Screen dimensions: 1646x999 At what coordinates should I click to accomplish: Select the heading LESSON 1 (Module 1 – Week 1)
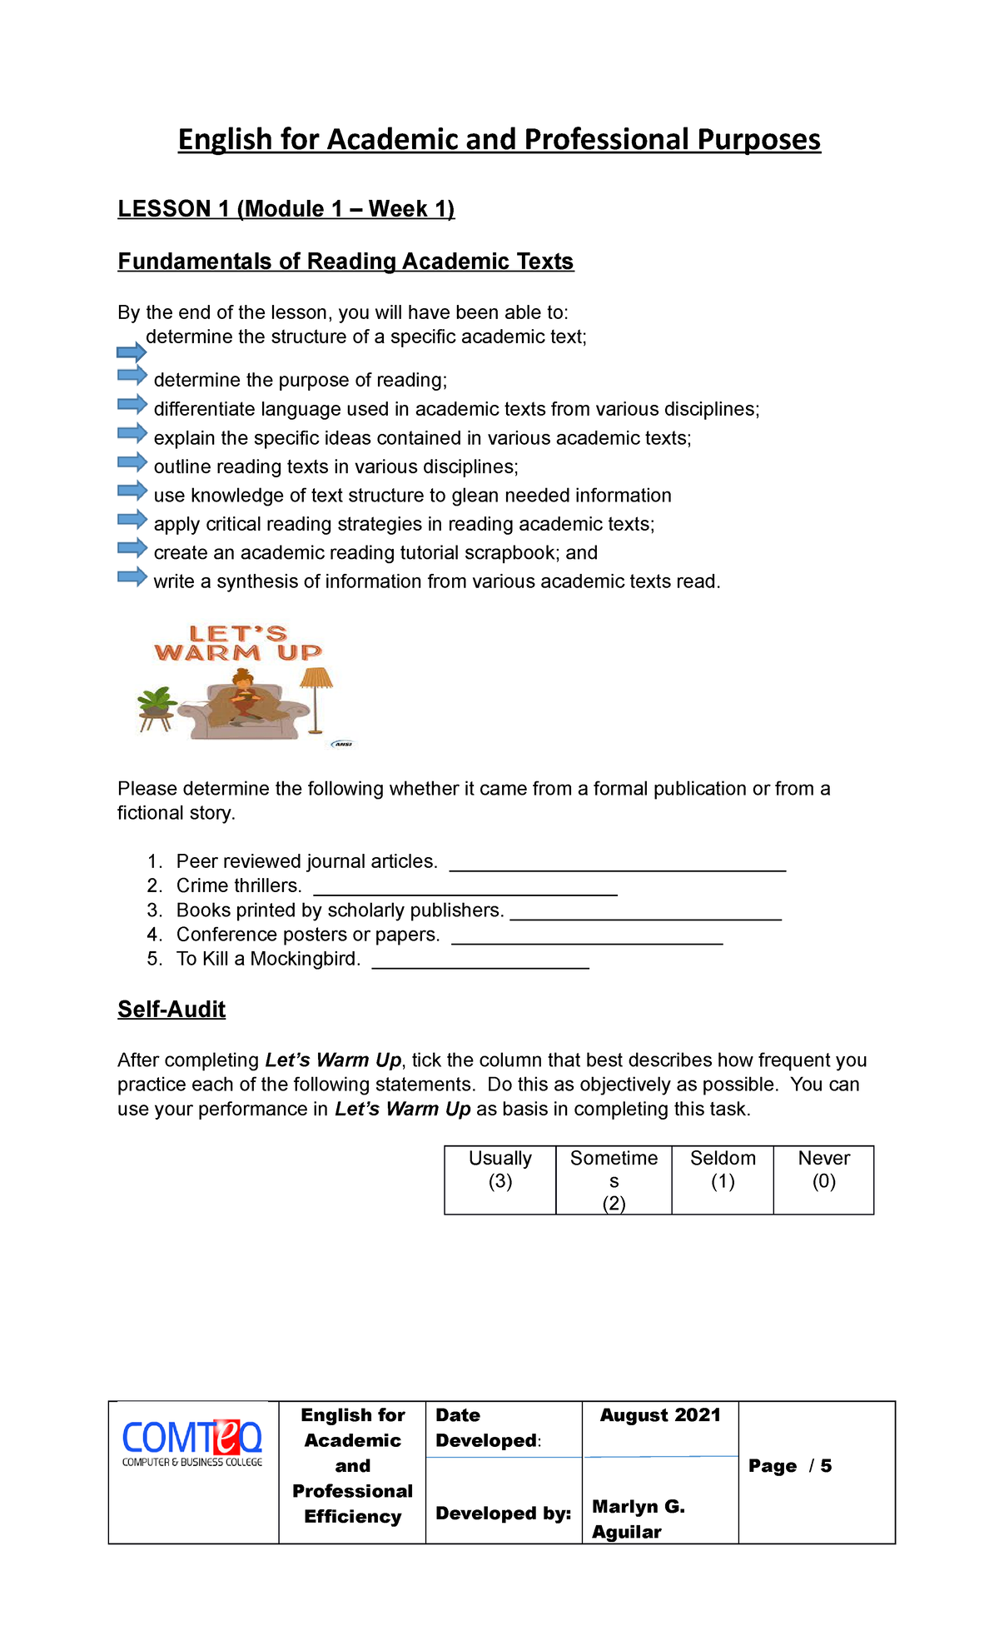(x=286, y=208)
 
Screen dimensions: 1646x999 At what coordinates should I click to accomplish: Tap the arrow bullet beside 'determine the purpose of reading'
(x=132, y=376)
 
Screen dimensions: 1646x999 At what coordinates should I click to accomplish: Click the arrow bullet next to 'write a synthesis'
(x=132, y=576)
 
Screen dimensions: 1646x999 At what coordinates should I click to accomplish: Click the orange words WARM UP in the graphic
(x=238, y=653)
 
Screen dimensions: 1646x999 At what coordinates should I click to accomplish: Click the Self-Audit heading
(x=171, y=1010)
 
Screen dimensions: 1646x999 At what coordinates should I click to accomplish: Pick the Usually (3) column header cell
(x=499, y=1180)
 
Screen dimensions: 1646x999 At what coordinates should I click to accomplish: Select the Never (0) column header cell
(x=823, y=1180)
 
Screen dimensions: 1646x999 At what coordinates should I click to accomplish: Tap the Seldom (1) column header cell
(x=723, y=1180)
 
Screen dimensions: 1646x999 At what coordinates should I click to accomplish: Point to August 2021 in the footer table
(x=660, y=1415)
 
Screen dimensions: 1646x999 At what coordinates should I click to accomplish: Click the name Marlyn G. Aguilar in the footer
(x=638, y=1519)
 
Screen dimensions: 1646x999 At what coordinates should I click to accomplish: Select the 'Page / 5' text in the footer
(x=789, y=1466)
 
